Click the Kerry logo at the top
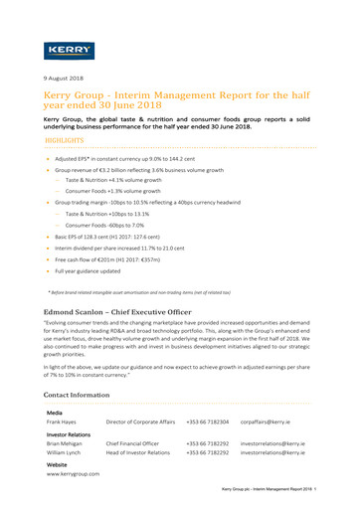point(71,49)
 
